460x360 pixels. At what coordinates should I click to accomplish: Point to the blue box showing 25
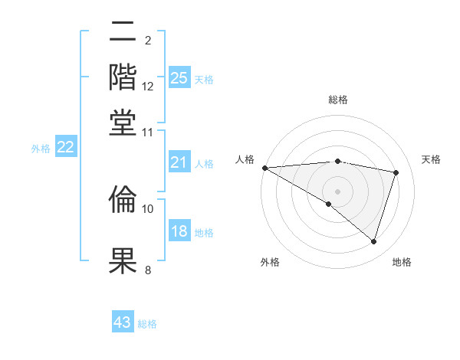coord(179,77)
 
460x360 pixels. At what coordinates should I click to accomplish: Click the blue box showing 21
coord(179,162)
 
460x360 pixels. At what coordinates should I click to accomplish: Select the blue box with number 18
coord(179,231)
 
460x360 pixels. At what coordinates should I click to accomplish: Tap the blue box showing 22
coord(65,147)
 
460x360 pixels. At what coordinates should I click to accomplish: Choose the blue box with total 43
coord(123,322)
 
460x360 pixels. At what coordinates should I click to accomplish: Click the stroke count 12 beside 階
coord(148,87)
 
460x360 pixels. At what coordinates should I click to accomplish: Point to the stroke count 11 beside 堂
coord(148,132)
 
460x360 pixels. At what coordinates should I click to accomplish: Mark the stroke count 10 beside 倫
coord(148,208)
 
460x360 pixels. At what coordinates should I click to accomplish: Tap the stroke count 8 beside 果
coord(147,269)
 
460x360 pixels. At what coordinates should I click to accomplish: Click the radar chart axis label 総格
coord(337,100)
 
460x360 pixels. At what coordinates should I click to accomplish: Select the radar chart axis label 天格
coord(432,159)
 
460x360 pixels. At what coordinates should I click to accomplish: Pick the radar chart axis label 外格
coord(270,262)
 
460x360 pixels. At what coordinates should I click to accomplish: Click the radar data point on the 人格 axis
coord(264,167)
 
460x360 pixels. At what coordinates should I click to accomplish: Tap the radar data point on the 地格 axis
coord(373,242)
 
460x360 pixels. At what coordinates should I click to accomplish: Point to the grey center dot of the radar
coord(337,191)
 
